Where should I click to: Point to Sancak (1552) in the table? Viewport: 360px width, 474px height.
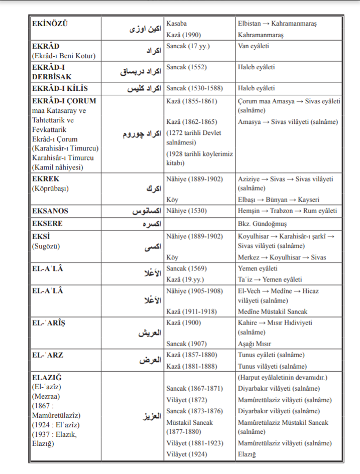click(186, 67)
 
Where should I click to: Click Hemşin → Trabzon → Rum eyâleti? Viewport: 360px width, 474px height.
click(287, 211)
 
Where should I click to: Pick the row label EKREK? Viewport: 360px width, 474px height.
click(45, 179)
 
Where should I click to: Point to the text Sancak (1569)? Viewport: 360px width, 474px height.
click(186, 269)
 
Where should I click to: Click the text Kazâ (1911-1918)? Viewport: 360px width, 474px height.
click(191, 311)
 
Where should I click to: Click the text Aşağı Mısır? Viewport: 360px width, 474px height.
click(255, 344)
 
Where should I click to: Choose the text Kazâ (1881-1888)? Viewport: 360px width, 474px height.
click(191, 366)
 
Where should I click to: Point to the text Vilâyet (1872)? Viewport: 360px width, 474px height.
click(186, 400)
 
